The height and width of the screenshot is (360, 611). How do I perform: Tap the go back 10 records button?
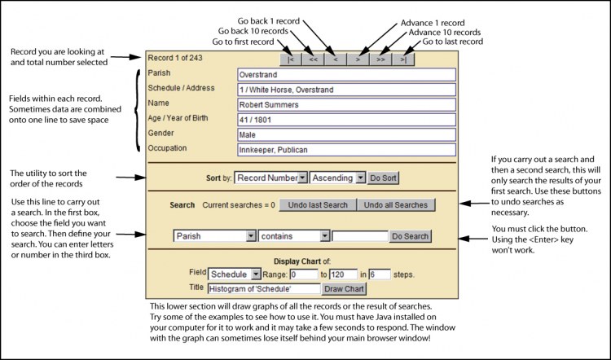313,59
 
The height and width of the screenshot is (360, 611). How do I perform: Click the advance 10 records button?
381,59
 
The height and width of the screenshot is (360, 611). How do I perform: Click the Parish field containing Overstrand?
345,74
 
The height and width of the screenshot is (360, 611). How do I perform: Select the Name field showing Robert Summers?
345,104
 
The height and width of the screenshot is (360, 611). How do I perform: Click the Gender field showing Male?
345,134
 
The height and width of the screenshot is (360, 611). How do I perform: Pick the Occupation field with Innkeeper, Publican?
345,150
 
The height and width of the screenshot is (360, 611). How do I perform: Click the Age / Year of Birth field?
345,120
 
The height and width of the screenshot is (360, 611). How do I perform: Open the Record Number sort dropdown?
271,178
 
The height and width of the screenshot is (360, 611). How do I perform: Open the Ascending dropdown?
337,178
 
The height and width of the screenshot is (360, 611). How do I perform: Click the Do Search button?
410,236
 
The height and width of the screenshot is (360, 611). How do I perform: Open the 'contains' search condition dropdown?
294,236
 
